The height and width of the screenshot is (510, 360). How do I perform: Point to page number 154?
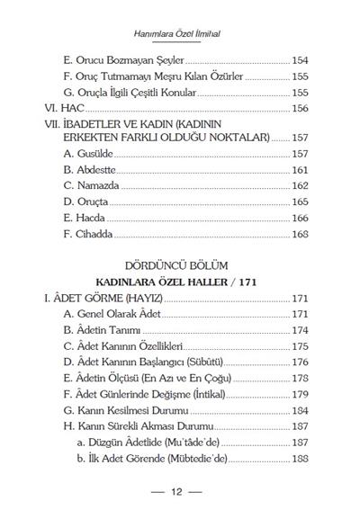pyautogui.click(x=301, y=59)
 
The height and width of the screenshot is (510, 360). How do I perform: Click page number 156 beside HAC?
pyautogui.click(x=301, y=107)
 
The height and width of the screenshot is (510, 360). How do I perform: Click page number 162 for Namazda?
pyautogui.click(x=301, y=185)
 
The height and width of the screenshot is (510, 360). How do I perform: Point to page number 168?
pyautogui.click(x=301, y=234)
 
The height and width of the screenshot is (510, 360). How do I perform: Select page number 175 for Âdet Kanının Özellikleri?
pyautogui.click(x=301, y=345)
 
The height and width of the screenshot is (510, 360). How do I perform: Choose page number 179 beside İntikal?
pyautogui.click(x=301, y=393)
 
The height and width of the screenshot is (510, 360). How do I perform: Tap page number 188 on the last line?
pyautogui.click(x=301, y=459)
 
